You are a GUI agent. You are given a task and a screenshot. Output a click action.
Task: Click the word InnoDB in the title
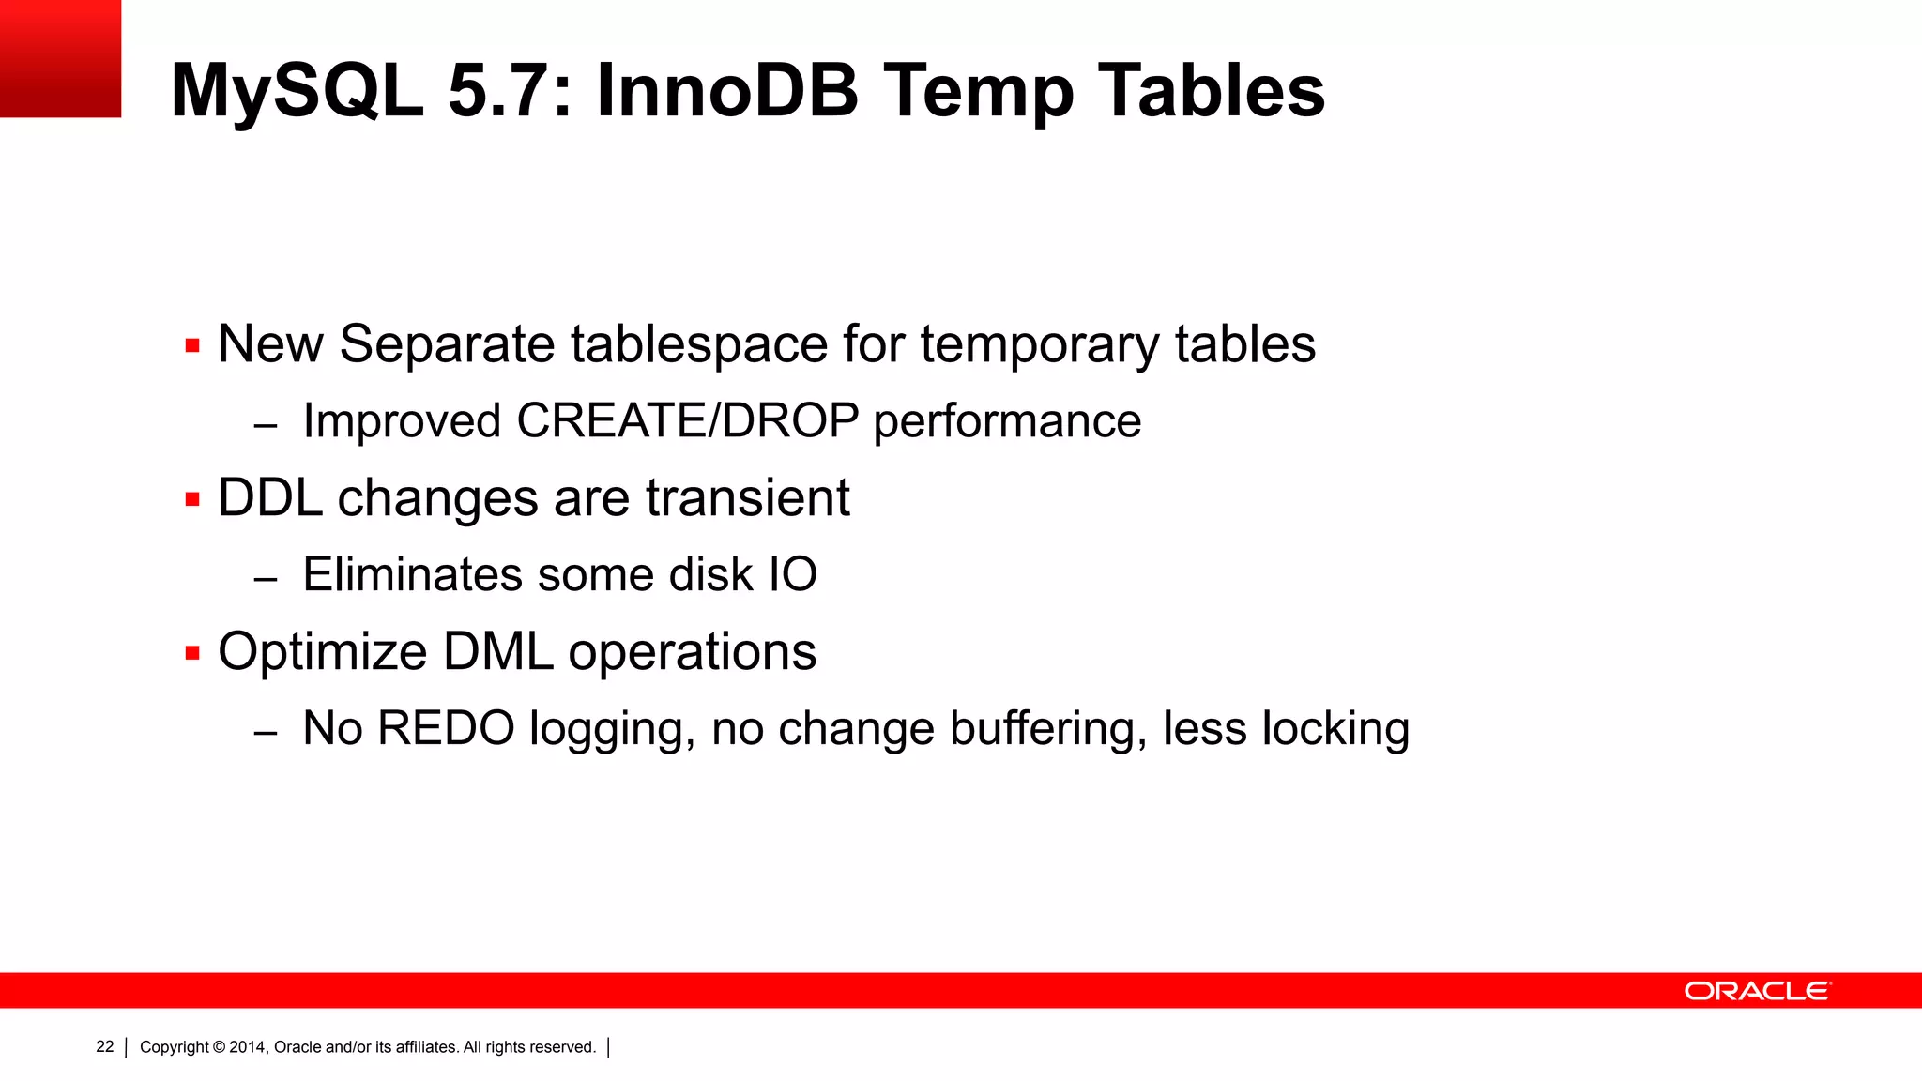727,91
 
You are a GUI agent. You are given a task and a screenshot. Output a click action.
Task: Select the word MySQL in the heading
297,91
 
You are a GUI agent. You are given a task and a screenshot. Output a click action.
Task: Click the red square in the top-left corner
60,58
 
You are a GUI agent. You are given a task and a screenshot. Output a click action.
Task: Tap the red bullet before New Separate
192,345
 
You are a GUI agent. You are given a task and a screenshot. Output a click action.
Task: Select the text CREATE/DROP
687,420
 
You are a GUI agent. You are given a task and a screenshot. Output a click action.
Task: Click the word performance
1007,421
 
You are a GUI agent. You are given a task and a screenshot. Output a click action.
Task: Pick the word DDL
270,497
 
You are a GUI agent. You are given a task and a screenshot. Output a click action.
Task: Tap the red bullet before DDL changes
192,499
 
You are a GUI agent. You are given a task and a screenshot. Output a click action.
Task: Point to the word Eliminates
412,574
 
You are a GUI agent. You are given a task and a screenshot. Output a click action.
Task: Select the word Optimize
322,651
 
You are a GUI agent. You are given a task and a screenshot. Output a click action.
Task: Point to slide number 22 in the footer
105,1046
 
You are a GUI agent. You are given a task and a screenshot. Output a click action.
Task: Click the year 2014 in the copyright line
248,1047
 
